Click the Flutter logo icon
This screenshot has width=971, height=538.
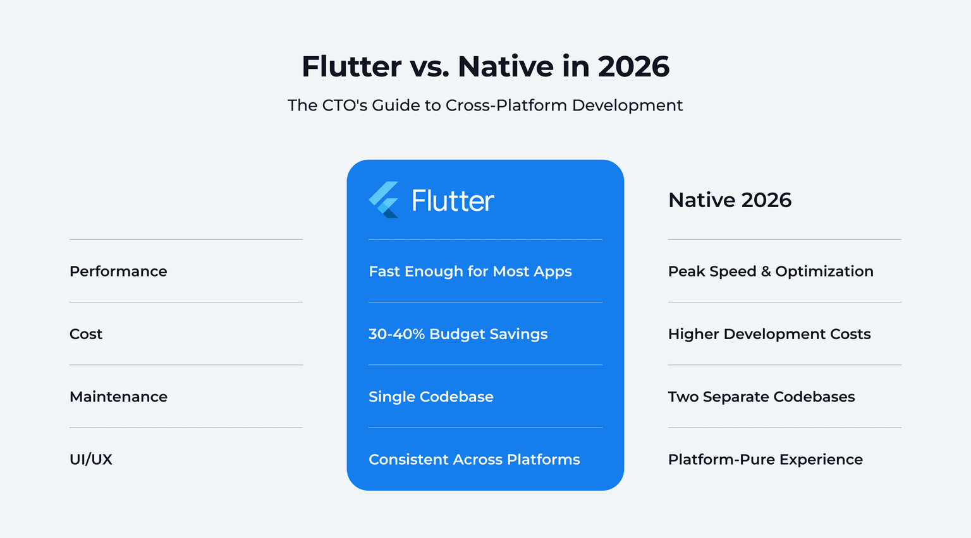click(x=384, y=200)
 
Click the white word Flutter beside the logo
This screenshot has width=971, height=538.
click(x=453, y=201)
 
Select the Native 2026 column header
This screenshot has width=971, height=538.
click(x=730, y=200)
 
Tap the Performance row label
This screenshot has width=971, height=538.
click(x=118, y=272)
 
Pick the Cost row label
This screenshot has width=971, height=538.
click(x=86, y=334)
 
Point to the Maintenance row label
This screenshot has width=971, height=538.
click(x=118, y=397)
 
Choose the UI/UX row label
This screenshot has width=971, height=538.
click(x=91, y=460)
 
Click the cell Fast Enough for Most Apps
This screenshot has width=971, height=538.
click(x=470, y=272)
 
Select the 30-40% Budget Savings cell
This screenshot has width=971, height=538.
click(x=458, y=334)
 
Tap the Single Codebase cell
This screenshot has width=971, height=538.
click(x=431, y=397)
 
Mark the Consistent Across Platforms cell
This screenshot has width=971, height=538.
click(x=474, y=460)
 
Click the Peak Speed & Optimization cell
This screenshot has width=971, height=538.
click(x=771, y=272)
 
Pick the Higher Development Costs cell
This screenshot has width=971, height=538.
click(x=769, y=334)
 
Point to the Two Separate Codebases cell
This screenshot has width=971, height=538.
click(x=761, y=397)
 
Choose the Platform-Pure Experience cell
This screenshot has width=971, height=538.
click(x=765, y=460)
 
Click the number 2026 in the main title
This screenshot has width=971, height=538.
click(x=633, y=67)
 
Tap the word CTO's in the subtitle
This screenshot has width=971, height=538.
click(x=345, y=105)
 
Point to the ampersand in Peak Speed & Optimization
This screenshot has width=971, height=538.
click(x=766, y=272)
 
